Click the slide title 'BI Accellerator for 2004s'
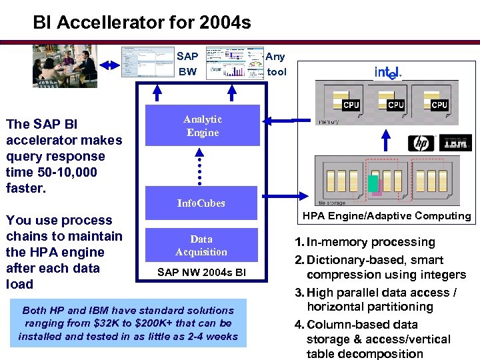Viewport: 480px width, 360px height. [x=142, y=23]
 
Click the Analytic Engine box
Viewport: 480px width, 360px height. [x=203, y=125]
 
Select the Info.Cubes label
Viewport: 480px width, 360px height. [x=201, y=203]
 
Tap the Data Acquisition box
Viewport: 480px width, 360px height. [x=201, y=245]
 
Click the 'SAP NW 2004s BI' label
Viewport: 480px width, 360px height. [x=201, y=272]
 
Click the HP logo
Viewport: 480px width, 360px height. [x=421, y=143]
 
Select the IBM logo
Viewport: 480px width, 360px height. [x=455, y=143]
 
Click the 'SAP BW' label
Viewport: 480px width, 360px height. [x=187, y=64]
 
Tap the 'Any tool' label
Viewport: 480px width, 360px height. [x=276, y=64]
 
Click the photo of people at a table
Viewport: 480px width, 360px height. [x=65, y=65]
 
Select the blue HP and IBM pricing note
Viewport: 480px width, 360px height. [x=128, y=323]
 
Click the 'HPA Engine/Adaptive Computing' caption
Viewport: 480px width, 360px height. [x=387, y=215]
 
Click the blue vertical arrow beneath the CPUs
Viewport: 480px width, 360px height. [x=384, y=139]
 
